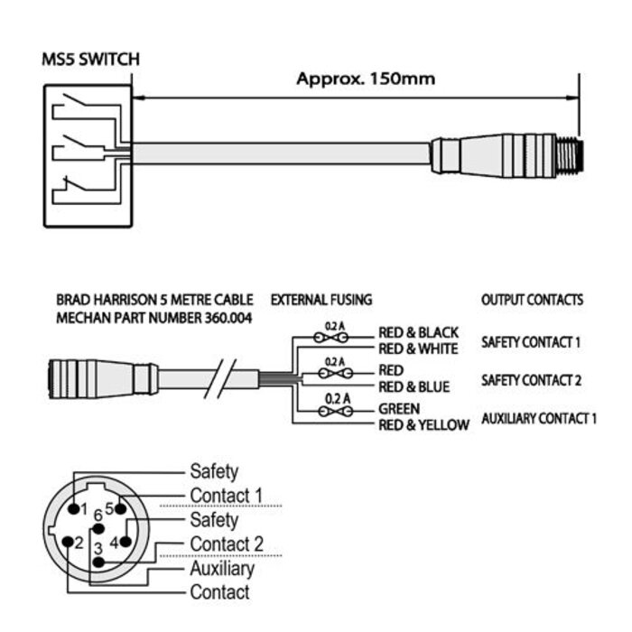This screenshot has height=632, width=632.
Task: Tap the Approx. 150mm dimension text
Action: pos(366,79)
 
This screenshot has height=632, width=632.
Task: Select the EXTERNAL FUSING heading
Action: pos(321,300)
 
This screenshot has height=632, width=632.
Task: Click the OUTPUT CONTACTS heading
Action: pos(532,300)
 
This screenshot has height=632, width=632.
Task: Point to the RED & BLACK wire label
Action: pos(418,333)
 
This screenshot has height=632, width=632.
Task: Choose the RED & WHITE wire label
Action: pos(418,349)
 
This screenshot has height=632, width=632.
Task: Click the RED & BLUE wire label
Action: pos(414,387)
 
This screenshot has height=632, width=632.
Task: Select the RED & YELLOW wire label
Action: pos(423,424)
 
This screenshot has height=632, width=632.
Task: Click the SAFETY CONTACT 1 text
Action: pos(531,342)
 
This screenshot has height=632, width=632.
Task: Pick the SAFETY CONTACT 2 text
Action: pos(531,379)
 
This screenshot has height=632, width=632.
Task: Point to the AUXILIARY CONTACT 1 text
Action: pos(539,418)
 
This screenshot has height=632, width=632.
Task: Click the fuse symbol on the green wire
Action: pos(334,411)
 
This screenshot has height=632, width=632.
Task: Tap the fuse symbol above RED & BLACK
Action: pos(334,336)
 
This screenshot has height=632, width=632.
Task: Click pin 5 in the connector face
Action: pos(120,509)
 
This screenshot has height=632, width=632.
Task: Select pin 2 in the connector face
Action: pos(69,542)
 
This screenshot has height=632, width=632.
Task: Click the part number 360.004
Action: pos(220,317)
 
